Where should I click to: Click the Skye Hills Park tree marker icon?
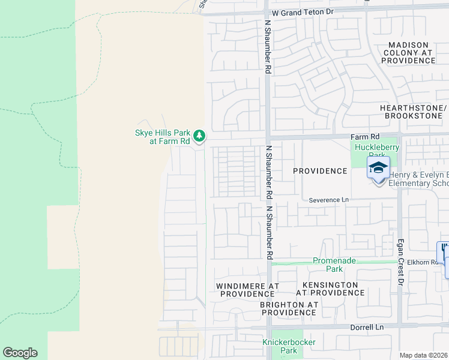199,137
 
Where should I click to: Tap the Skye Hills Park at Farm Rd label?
162,137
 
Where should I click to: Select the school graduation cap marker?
378,168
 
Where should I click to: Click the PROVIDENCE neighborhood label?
320,171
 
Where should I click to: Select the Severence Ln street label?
329,200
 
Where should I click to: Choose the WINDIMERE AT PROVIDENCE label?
247,289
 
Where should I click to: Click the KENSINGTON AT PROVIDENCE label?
330,289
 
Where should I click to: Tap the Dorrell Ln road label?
366,327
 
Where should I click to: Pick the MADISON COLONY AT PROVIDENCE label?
408,53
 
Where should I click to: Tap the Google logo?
20,353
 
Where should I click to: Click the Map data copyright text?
424,355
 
